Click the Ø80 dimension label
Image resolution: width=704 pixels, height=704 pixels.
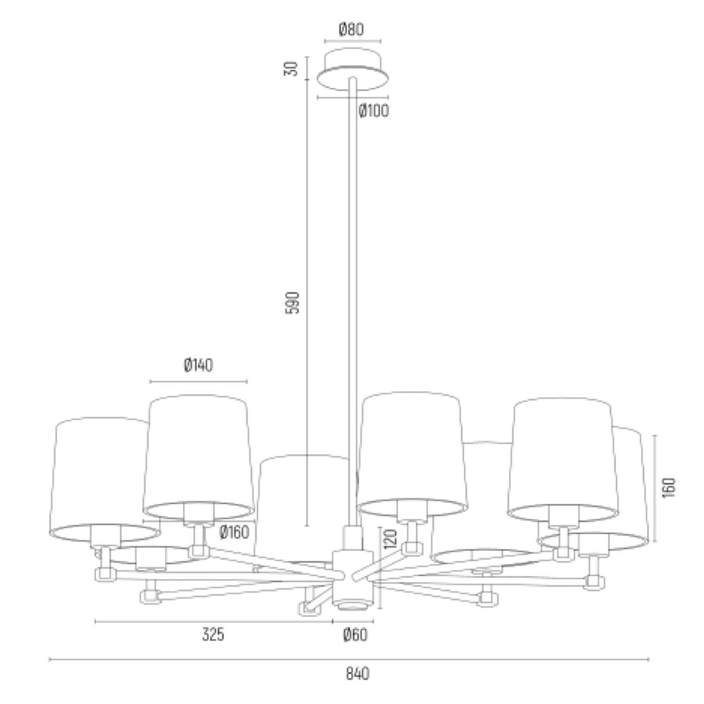pos(351,30)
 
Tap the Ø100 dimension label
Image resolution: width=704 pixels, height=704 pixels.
pos(374,110)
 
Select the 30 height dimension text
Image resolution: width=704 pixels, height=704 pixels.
pos(291,68)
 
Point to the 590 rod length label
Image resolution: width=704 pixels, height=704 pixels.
pos(292,303)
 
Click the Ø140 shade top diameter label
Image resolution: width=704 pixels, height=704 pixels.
pos(198,365)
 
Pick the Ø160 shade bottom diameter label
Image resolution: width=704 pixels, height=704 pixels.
pos(234,532)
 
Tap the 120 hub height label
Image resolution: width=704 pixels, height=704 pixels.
pos(390,539)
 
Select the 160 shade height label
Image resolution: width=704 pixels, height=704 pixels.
pos(669,488)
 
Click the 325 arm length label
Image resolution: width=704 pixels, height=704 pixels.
pos(213,635)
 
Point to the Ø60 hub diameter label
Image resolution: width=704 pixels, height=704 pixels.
pos(355,635)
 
